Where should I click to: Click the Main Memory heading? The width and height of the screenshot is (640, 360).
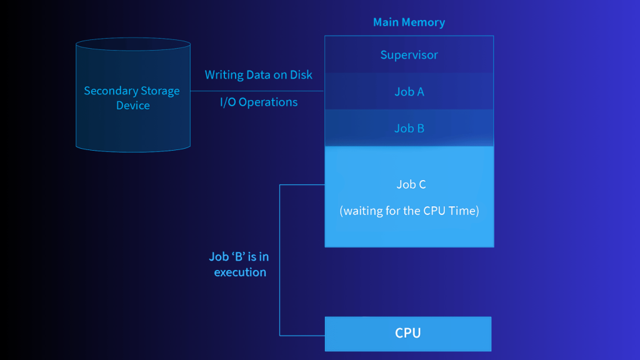(409, 22)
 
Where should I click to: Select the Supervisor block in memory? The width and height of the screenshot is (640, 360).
(409, 55)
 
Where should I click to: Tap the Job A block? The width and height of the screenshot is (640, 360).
(409, 92)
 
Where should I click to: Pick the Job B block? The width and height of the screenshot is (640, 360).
(409, 128)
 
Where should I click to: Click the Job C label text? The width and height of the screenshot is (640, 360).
(411, 184)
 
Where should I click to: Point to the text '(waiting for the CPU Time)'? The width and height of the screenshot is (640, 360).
(409, 211)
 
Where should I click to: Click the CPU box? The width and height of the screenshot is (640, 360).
(407, 334)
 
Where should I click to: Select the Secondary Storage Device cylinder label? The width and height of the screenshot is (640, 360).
(132, 98)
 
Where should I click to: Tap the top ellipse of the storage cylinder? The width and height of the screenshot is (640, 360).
(132, 44)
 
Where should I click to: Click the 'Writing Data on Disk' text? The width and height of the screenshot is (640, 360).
(258, 75)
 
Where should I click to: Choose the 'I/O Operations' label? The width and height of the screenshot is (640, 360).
(258, 102)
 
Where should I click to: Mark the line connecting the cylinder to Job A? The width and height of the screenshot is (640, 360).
(257, 91)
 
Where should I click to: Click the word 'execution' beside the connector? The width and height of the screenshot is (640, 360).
(240, 272)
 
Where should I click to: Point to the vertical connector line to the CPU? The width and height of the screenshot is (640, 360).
(279, 262)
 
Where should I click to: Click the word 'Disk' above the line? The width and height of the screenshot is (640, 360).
(301, 75)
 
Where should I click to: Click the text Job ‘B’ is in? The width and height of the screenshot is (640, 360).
(238, 257)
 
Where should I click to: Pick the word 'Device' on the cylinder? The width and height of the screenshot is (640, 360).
(132, 106)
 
